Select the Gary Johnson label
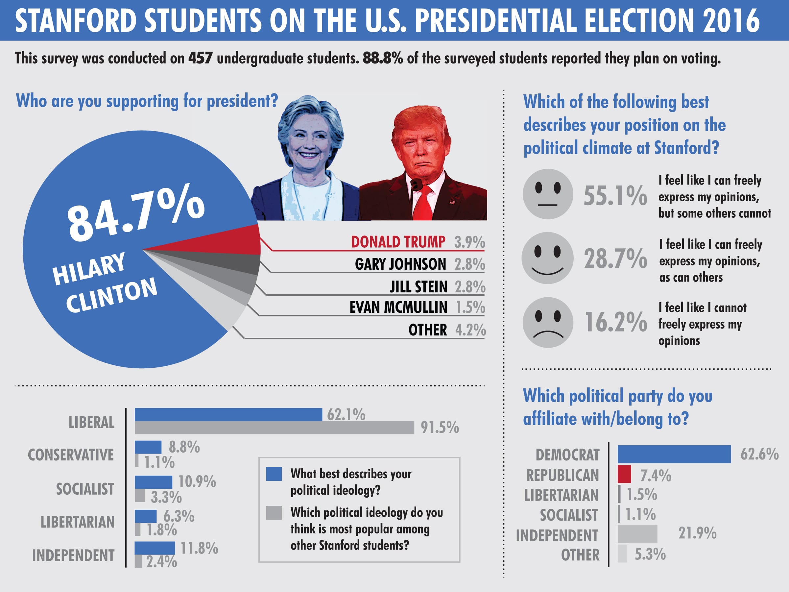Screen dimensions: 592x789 [400, 264]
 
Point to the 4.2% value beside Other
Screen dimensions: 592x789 [470, 330]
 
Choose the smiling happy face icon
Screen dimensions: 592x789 [547, 258]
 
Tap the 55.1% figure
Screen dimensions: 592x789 [615, 196]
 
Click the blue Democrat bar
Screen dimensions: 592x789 [674, 454]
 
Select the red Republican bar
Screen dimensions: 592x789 [624, 474]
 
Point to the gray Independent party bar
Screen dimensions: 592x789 [637, 533]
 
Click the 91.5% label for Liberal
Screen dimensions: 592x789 [440, 427]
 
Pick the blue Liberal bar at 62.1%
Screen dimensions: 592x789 [228, 414]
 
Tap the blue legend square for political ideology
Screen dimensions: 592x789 [274, 474]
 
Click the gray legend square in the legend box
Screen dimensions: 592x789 [274, 512]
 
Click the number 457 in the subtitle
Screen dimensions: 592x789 [201, 58]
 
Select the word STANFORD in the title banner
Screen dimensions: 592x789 [76, 20]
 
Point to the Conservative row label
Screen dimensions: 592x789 [71, 455]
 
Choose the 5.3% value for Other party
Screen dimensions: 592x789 [650, 554]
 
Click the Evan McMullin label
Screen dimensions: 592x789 [398, 307]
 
